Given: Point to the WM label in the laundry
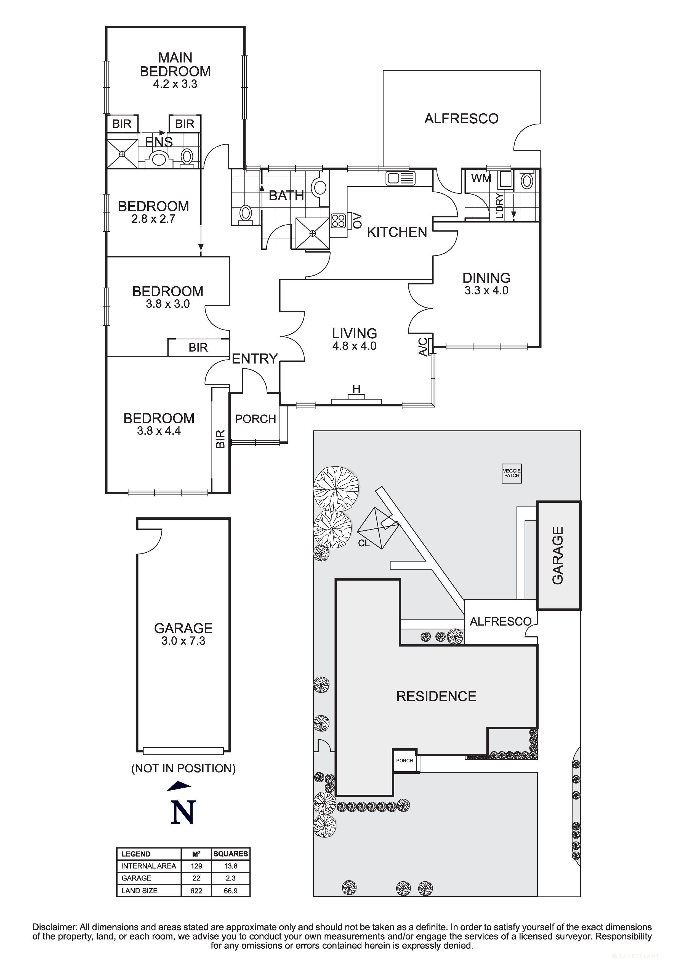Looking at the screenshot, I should click(x=481, y=178).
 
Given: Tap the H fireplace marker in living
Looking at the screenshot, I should click(x=356, y=389).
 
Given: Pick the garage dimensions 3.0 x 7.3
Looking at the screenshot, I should click(x=183, y=641).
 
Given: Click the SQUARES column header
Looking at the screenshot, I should click(x=230, y=854).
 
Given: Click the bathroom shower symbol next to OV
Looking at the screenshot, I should click(x=312, y=233).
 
